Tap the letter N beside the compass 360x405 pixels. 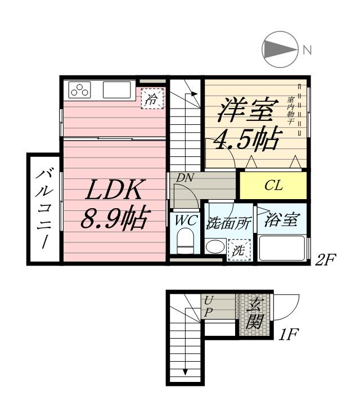coord(307,49)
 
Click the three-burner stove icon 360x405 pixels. coord(80,90)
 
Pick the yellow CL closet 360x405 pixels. coord(273,186)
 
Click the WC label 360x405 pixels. coord(184,220)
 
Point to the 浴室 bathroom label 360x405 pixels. coord(282,219)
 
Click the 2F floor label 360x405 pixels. coord(326,261)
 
